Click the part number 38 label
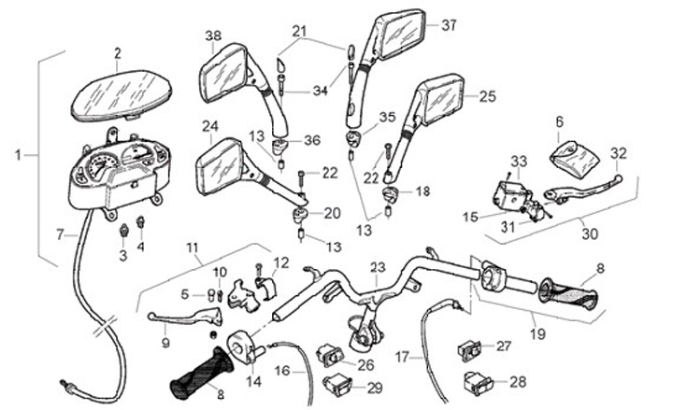tap(213, 35)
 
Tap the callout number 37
tap(449, 25)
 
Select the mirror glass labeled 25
tap(442, 100)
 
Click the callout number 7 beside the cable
tap(59, 233)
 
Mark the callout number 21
tap(298, 32)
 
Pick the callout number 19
tap(536, 332)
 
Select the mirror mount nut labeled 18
tap(394, 195)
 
